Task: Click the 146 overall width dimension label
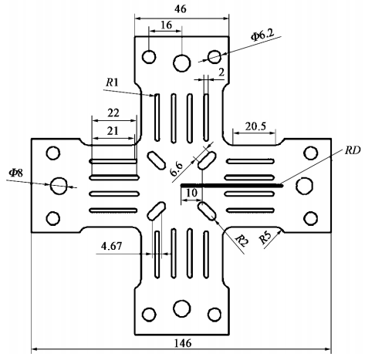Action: coord(183,343)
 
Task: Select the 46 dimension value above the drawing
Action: coord(180,9)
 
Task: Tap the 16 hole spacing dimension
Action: coord(166,25)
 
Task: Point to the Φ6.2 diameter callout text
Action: coord(263,35)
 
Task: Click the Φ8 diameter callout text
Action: coord(16,173)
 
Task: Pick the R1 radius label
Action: coord(112,82)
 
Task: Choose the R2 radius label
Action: coord(242,241)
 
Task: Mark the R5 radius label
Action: coord(265,238)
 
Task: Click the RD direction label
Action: coord(353,150)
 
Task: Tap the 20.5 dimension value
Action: coord(255,126)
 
